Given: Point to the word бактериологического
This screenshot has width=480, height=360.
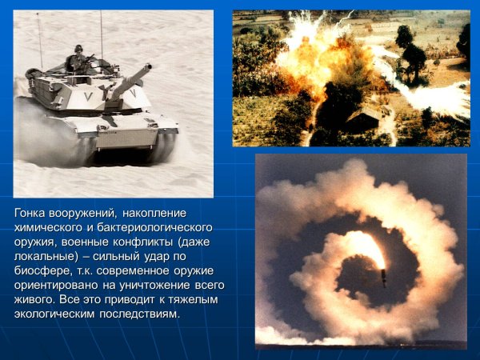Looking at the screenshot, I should pos(163,227).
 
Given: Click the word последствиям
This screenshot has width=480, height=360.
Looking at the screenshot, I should pos(144,314).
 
